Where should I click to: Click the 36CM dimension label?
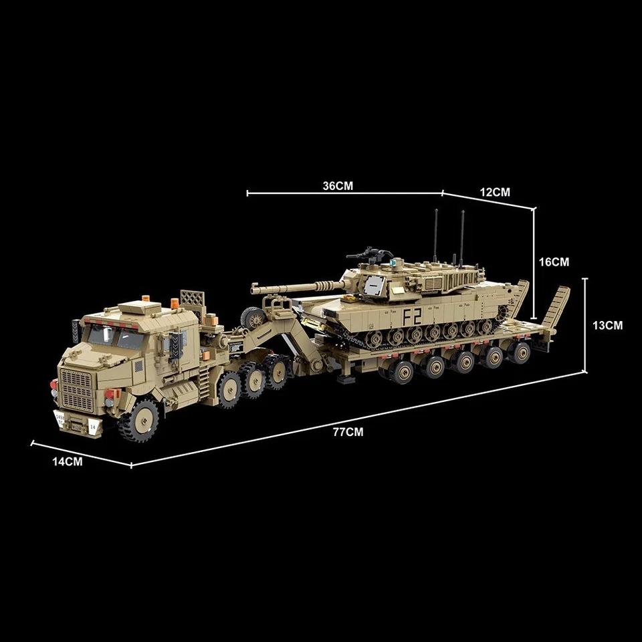click(x=337, y=186)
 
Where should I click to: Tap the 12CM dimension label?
click(x=495, y=192)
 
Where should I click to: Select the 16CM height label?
click(x=554, y=262)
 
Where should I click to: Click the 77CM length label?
click(x=348, y=432)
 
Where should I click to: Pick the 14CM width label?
click(x=67, y=462)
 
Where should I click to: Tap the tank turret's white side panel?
click(x=374, y=286)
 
